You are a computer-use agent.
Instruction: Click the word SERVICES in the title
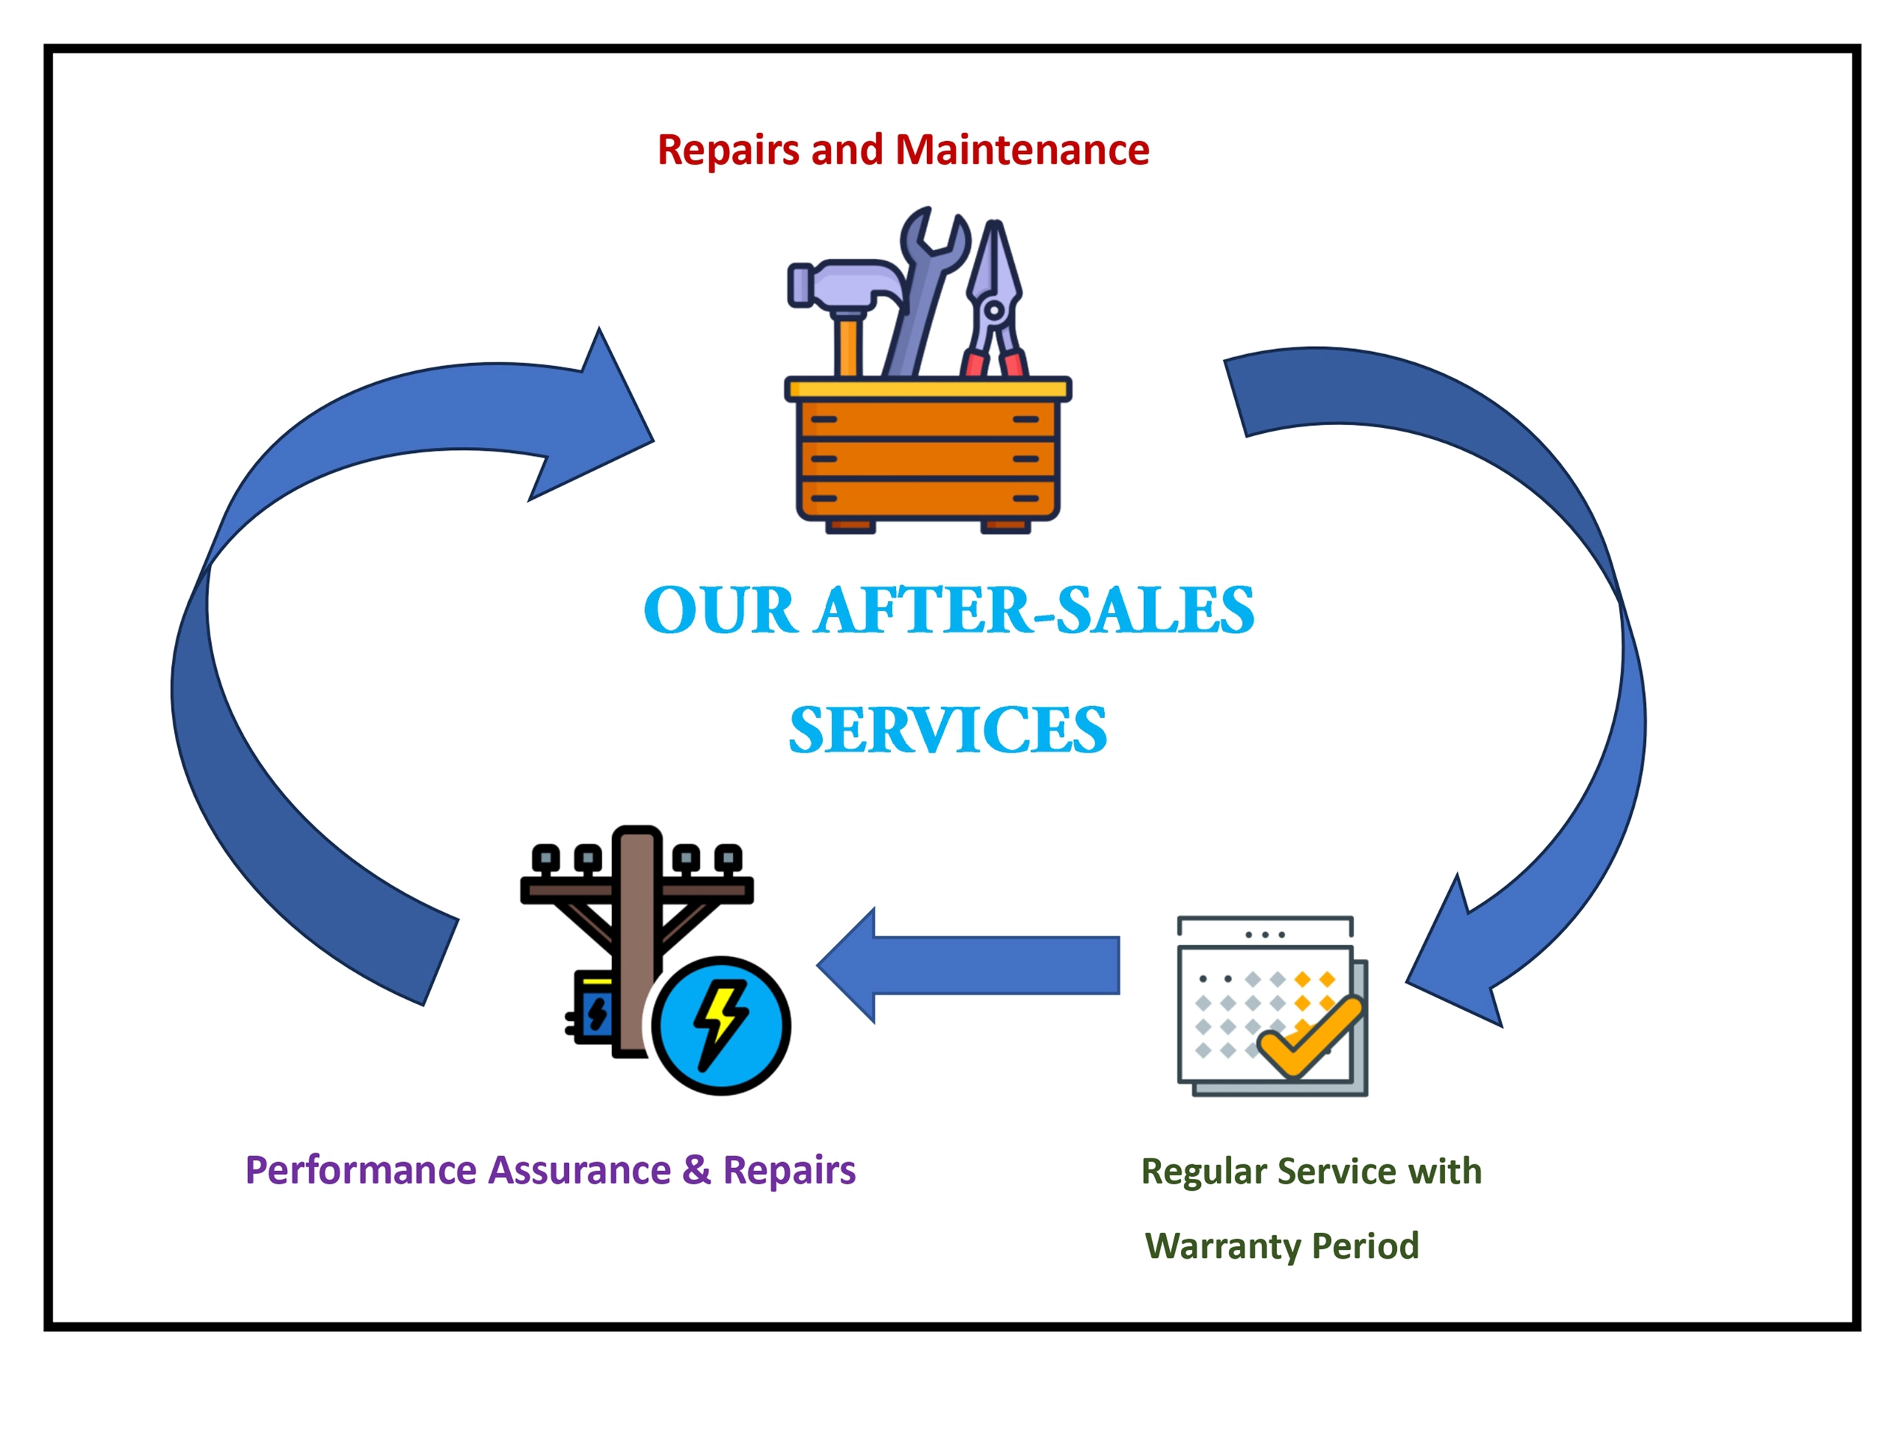948,731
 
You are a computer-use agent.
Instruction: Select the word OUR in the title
719,611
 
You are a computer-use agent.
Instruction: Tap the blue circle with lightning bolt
721,1026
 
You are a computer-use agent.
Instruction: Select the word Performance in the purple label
359,1171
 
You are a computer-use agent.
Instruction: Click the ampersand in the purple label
696,1169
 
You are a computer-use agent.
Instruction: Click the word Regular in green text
1204,1172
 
